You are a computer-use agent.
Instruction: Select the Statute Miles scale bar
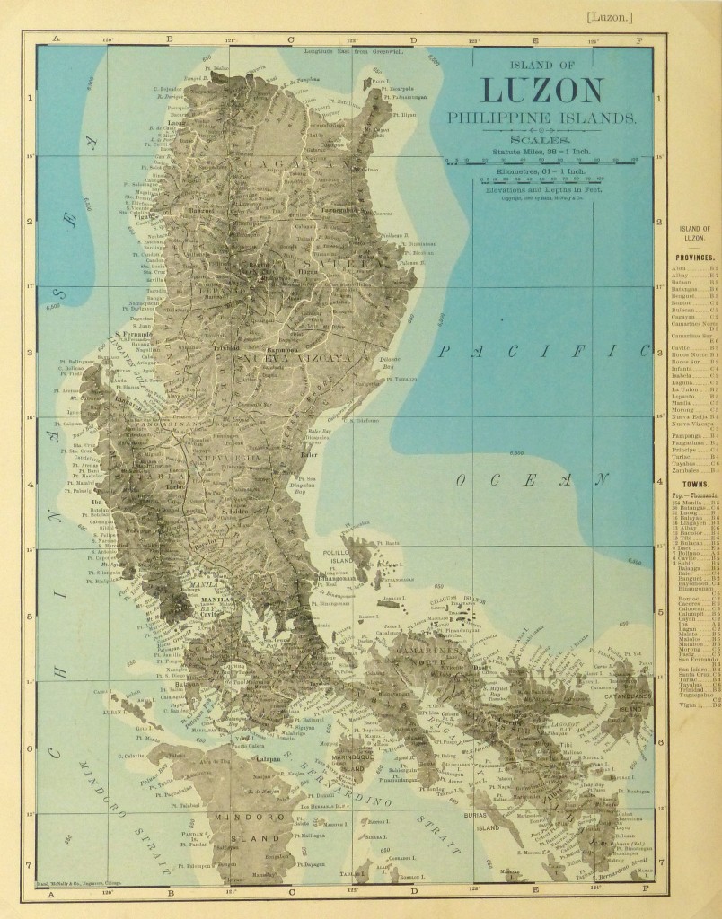[541, 162]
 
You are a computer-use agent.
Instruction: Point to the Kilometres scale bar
[541, 180]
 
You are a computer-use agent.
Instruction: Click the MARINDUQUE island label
[352, 765]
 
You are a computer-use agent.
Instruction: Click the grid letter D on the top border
[413, 39]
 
